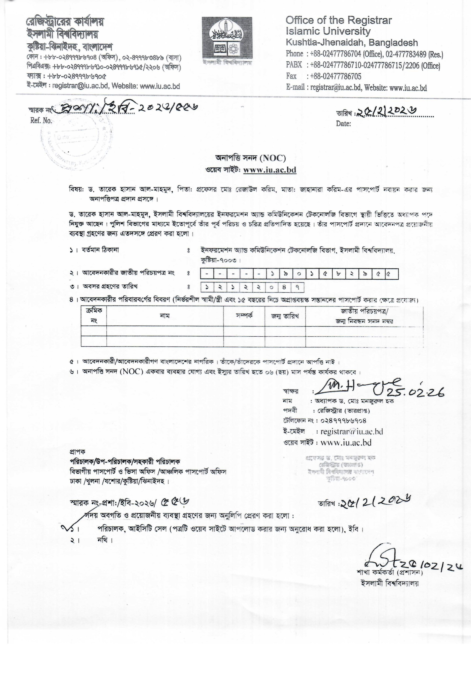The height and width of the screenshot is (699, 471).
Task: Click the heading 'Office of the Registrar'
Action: click(x=339, y=20)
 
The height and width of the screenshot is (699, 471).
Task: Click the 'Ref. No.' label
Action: click(x=41, y=121)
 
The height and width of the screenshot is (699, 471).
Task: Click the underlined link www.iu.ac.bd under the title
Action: click(x=269, y=170)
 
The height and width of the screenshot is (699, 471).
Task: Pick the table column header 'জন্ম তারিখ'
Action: click(x=285, y=316)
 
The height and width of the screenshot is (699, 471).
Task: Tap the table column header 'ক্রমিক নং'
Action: click(x=94, y=316)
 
